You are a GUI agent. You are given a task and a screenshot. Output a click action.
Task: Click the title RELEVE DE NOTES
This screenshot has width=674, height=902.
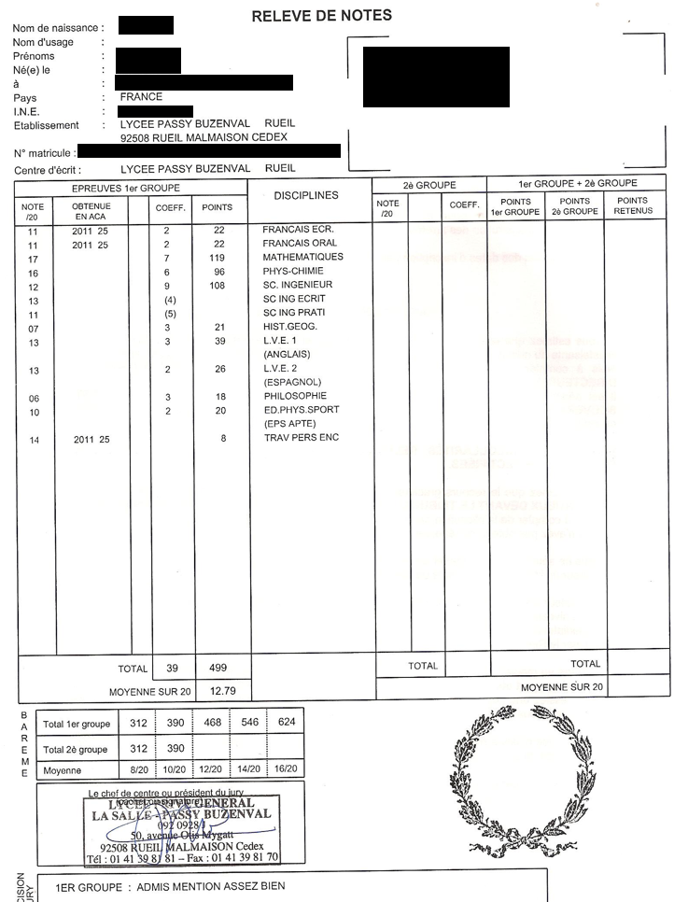(322, 15)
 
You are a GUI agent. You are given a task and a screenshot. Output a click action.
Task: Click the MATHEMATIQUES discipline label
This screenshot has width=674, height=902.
(302, 257)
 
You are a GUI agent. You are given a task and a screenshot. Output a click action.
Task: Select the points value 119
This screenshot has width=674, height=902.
(218, 257)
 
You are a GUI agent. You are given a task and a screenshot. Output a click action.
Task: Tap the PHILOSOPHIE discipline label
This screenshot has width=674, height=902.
(295, 396)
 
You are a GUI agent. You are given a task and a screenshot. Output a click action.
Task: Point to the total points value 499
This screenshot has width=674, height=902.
(218, 669)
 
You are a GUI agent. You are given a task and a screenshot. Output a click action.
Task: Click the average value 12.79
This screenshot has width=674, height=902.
(222, 691)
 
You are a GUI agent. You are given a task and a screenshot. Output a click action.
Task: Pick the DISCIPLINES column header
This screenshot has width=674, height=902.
(306, 195)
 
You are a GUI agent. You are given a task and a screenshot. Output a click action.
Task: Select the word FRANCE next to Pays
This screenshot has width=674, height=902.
(141, 96)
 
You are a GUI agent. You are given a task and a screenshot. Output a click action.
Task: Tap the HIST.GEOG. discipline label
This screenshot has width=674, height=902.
(290, 327)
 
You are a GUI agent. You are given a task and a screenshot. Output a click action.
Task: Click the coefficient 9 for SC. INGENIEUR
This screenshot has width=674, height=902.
(167, 285)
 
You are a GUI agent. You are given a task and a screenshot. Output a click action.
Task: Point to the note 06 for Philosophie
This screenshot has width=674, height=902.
(34, 397)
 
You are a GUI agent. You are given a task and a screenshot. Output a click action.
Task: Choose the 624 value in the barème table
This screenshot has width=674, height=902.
(286, 723)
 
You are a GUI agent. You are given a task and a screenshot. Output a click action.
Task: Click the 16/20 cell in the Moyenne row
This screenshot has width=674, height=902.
(286, 770)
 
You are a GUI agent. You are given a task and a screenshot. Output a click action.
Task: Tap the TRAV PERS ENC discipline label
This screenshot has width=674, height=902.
(301, 438)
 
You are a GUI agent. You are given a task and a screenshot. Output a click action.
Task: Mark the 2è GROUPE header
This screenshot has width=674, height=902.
(429, 184)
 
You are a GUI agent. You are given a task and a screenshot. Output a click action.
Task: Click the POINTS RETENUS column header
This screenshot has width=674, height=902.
(632, 206)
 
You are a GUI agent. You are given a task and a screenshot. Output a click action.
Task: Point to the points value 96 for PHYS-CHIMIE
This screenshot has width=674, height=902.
(218, 271)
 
